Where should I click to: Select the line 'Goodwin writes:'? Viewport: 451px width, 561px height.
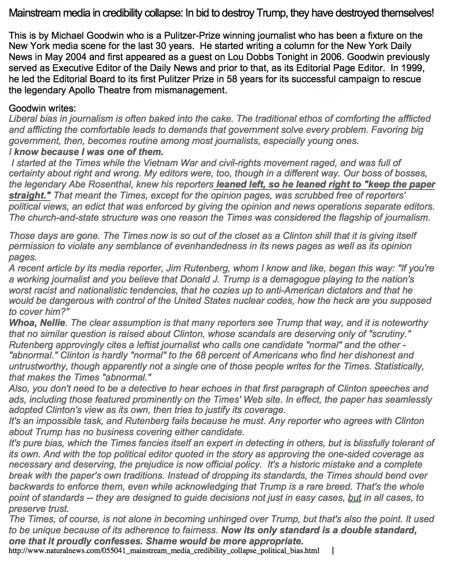(x=42, y=108)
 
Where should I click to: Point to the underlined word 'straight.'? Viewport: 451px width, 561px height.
(x=30, y=195)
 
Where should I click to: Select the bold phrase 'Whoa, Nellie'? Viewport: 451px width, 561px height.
(x=38, y=323)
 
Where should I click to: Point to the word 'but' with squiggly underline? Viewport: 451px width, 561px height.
(x=355, y=498)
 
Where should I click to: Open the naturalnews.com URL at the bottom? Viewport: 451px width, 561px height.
(x=164, y=551)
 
